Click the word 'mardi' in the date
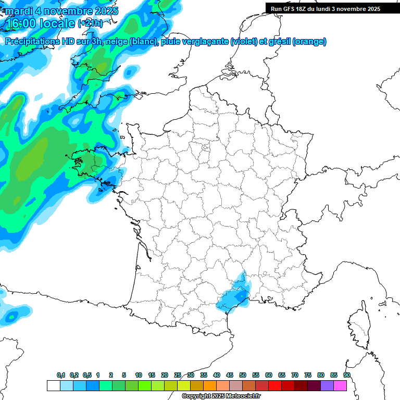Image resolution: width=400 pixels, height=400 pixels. [18, 11]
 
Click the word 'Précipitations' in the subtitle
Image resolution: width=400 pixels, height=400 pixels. [36, 42]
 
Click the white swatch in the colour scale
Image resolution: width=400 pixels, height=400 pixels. [53, 385]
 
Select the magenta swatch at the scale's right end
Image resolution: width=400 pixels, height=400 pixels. [340, 385]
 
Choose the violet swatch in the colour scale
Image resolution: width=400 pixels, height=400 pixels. [327, 385]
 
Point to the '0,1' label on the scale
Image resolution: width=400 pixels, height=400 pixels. [61, 375]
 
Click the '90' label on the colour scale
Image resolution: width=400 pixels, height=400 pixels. [347, 375]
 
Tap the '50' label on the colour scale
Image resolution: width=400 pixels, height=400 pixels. [243, 375]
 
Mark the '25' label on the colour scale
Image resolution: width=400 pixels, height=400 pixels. [178, 375]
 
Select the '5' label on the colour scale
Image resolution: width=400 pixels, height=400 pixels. [124, 375]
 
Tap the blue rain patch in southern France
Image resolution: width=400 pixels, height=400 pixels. [234, 296]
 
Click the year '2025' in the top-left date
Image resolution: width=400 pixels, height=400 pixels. [104, 11]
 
